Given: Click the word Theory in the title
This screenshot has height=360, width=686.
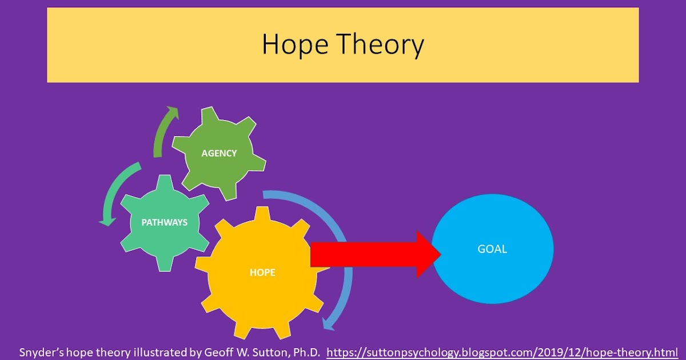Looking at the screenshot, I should [380, 45].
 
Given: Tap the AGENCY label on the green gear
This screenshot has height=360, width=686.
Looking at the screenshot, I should [219, 153].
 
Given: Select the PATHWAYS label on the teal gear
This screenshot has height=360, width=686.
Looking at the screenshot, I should [165, 222].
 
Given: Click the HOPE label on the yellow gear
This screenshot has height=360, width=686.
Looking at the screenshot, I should [262, 273].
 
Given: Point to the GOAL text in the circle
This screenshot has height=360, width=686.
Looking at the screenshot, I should [492, 249].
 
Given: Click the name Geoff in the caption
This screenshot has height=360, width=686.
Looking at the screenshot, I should [219, 351].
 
